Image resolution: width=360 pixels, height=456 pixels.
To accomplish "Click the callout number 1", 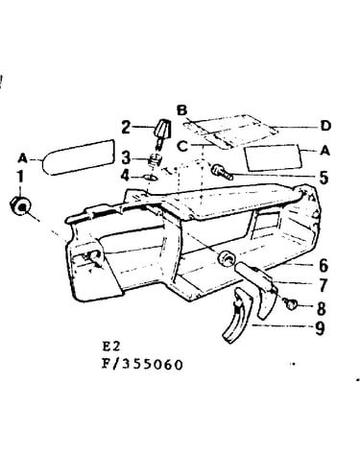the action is tap(20, 177).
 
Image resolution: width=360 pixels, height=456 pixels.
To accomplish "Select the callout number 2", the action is tap(126, 128).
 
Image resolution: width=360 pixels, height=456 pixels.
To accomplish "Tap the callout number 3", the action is tap(126, 158).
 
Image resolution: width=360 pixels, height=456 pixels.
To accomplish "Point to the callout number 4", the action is tap(126, 176).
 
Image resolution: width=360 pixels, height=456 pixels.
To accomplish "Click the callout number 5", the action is tap(324, 178).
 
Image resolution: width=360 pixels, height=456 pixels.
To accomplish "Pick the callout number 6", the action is tap(324, 265).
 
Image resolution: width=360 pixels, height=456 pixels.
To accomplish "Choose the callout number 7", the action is tap(324, 285).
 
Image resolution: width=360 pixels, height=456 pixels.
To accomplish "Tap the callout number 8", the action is tap(322, 308).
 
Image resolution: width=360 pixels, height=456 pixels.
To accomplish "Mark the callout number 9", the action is tap(320, 328).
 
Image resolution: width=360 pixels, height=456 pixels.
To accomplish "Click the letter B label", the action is tap(181, 110).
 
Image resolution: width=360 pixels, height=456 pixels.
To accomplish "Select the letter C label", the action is tap(182, 147).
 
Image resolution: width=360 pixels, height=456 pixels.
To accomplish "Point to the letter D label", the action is tap(325, 126).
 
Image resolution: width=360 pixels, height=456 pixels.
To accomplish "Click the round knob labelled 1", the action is tap(20, 205).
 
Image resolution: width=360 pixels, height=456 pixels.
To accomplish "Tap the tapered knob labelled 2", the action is tap(162, 132).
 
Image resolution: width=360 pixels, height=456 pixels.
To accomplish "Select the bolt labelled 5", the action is tap(222, 171).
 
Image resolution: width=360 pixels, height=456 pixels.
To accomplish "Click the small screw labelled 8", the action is tap(291, 304).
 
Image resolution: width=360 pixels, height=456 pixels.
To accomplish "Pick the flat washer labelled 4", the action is tap(151, 177).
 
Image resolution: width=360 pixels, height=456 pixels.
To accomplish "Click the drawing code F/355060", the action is tap(142, 364).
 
